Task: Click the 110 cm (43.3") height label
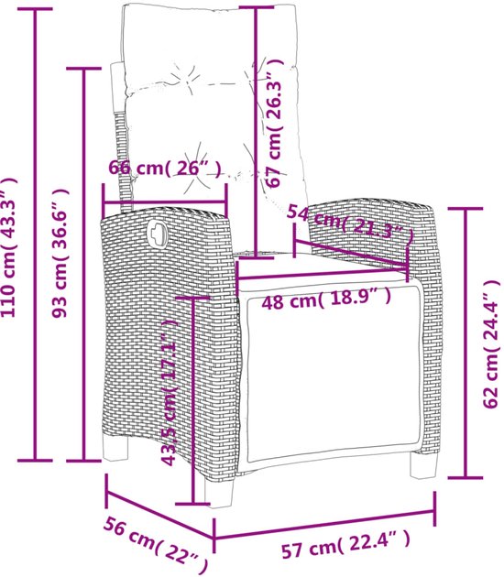pyautogui.click(x=10, y=246)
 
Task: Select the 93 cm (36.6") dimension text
pyautogui.click(x=60, y=253)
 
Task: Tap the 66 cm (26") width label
pyautogui.click(x=166, y=169)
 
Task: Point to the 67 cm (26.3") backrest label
pyautogui.click(x=275, y=124)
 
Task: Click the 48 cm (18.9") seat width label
pyautogui.click(x=326, y=299)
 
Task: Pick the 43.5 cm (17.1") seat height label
pyautogui.click(x=170, y=392)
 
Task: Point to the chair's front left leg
pyautogui.click(x=219, y=492)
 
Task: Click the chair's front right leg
pyautogui.click(x=423, y=464)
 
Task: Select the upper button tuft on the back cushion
pyautogui.click(x=187, y=75)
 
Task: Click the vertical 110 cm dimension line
pyautogui.click(x=35, y=234)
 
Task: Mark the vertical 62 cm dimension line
pyautogui.click(x=466, y=343)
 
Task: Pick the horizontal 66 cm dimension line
pyautogui.click(x=165, y=201)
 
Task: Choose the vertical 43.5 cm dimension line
pyautogui.click(x=193, y=400)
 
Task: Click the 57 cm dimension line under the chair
pyautogui.click(x=324, y=525)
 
